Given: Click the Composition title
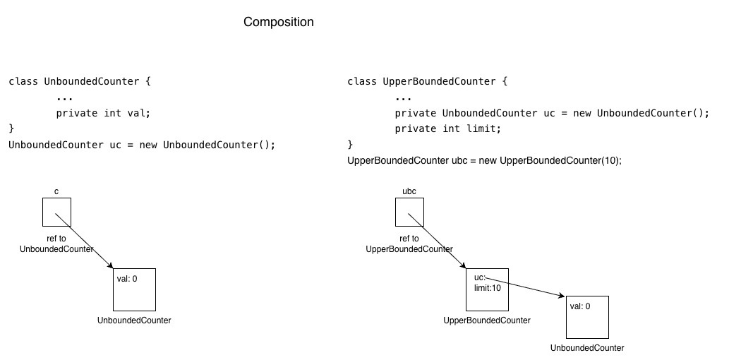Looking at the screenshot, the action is pyautogui.click(x=278, y=22).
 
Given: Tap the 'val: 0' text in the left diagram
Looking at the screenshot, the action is pyautogui.click(x=127, y=279).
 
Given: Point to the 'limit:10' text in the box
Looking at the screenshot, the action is pyautogui.click(x=487, y=288).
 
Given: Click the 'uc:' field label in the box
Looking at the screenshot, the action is pyautogui.click(x=480, y=277).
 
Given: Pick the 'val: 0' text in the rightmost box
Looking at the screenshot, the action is pyautogui.click(x=580, y=306).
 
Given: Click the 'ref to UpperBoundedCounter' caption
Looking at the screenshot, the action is pyautogui.click(x=409, y=244).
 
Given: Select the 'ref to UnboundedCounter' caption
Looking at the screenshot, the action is pyautogui.click(x=56, y=244).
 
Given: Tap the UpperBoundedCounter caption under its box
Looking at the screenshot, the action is pyautogui.click(x=487, y=320).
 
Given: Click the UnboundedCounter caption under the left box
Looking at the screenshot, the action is pyautogui.click(x=134, y=320).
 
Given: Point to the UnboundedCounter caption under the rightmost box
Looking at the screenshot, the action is pyautogui.click(x=587, y=348).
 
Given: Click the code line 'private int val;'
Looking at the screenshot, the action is pyautogui.click(x=103, y=114).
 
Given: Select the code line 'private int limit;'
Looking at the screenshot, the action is pyautogui.click(x=447, y=128).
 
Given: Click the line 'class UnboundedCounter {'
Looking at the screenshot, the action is pyautogui.click(x=80, y=81).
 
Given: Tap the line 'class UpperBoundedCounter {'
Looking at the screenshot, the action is pyautogui.click(x=427, y=81).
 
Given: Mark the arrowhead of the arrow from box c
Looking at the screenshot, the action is pyautogui.click(x=110, y=265).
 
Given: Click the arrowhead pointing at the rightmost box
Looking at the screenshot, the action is pyautogui.click(x=562, y=296).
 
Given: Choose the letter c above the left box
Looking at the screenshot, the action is pyautogui.click(x=56, y=191).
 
